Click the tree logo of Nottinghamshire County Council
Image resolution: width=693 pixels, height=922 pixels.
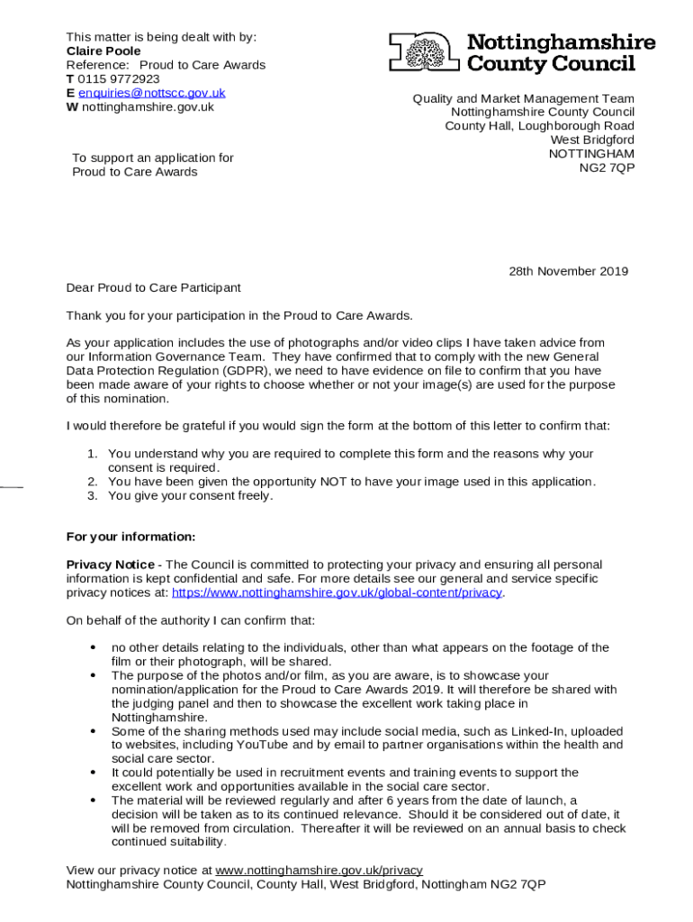pos(424,52)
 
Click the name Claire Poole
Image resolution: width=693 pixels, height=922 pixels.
pos(103,51)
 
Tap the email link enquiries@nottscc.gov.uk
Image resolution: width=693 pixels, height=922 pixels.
pos(151,93)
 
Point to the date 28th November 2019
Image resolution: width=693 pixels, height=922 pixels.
pos(569,271)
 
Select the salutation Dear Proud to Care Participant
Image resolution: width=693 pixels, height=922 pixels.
pos(154,287)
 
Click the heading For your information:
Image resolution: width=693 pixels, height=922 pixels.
pos(130,537)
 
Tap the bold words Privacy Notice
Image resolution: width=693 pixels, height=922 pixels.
pos(110,565)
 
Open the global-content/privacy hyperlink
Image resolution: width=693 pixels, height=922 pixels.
pos(337,592)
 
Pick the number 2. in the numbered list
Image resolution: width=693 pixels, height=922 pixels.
pos(93,482)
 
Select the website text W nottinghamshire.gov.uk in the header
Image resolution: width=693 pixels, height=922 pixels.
pos(140,107)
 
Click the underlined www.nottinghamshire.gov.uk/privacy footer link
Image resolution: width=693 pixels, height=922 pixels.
pos(319,871)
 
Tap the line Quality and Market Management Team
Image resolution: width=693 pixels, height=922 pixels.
pos(523,99)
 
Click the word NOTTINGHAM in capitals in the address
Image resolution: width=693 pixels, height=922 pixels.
pos(591,154)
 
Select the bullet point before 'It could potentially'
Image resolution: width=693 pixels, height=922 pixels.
pos(94,773)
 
